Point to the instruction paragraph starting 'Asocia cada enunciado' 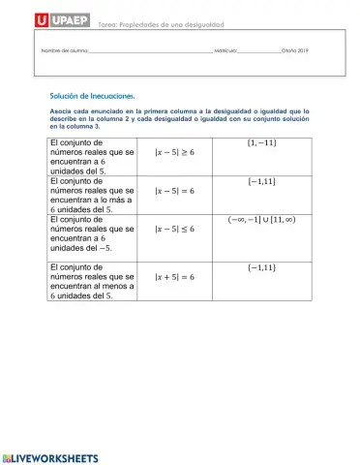point(179,119)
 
